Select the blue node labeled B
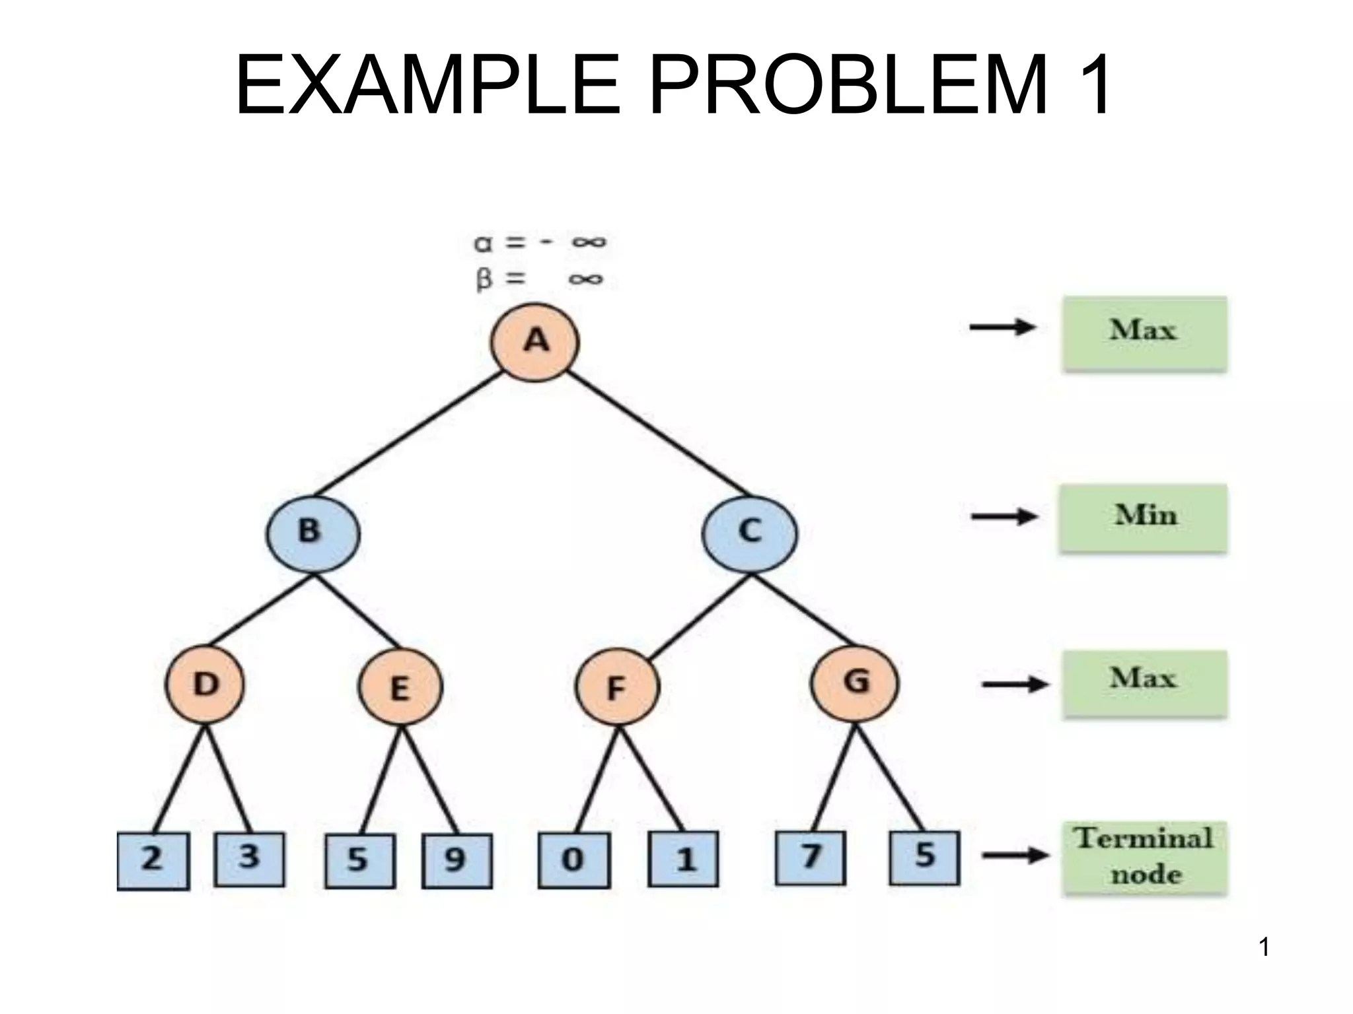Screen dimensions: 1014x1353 312,533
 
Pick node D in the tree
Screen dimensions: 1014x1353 205,685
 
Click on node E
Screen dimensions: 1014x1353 400,687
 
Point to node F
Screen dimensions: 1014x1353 617,687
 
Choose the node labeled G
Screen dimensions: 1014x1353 854,683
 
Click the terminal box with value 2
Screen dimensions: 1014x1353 153,861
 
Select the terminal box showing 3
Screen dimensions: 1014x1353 250,858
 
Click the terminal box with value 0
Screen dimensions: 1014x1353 573,860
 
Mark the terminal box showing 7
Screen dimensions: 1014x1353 810,858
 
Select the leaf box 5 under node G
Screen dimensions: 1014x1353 924,858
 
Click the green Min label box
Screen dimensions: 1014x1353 1144,518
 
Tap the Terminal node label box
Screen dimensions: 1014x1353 1144,858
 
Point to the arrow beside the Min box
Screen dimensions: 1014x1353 1004,517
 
